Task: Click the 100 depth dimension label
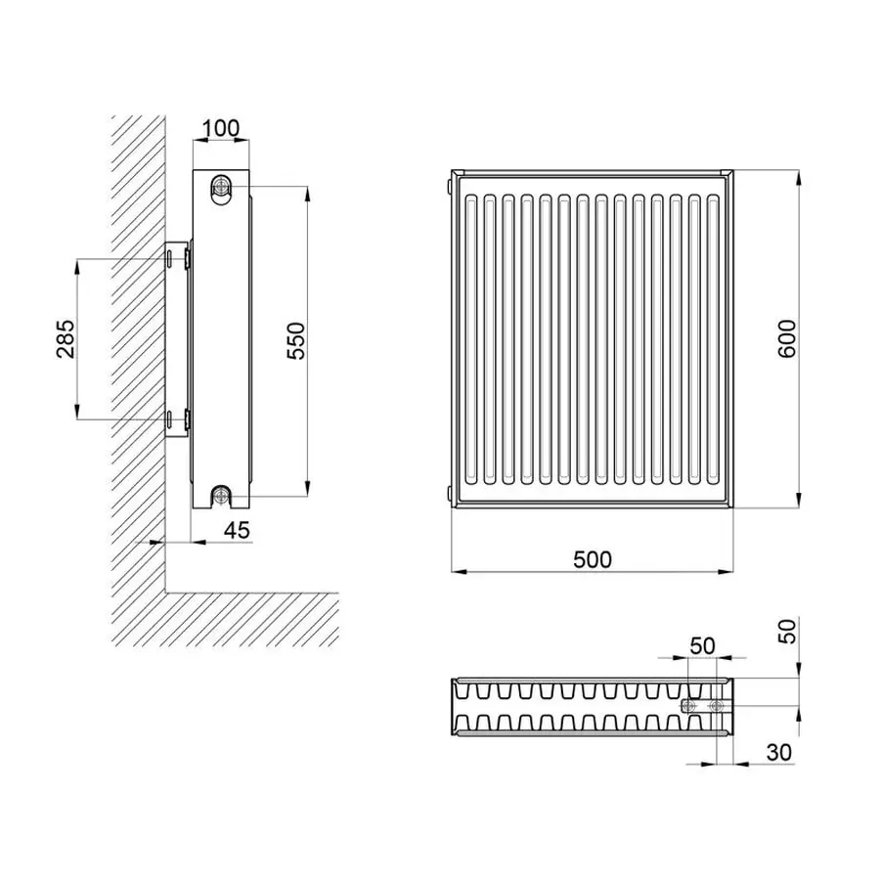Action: point(221,128)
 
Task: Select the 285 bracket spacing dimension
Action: point(66,338)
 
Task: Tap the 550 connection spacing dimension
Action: point(295,340)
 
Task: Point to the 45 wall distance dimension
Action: point(237,530)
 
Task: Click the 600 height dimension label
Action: point(787,338)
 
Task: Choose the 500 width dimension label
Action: point(593,559)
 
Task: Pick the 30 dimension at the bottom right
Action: point(778,752)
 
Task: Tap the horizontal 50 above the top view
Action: point(702,646)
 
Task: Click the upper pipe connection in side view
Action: point(221,186)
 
